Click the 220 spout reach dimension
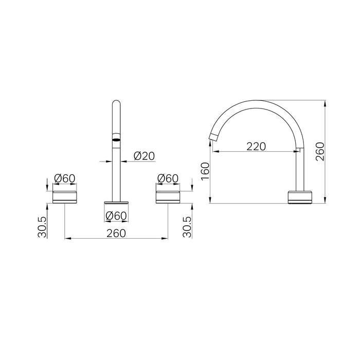tap(256, 147)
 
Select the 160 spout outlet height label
tap(205, 171)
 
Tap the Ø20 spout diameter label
tap(144, 156)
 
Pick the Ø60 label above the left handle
tap(65, 178)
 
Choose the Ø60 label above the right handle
tap(168, 178)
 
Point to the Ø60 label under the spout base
tap(116, 215)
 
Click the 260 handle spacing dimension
tap(116, 233)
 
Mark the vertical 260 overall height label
tap(320, 152)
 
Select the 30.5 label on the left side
tap(42, 227)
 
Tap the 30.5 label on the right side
tap(187, 227)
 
